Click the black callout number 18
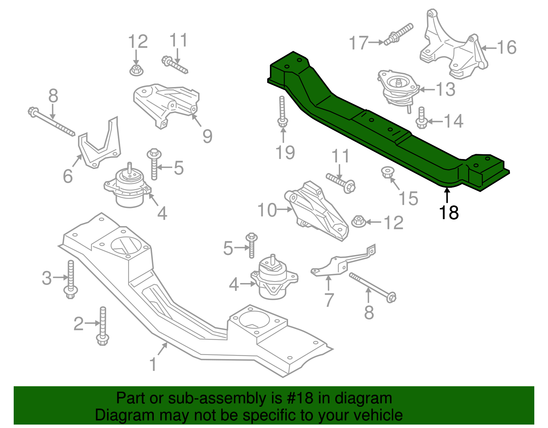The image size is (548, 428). (x=449, y=213)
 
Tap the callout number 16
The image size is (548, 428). (x=507, y=47)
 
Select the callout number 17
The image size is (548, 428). (x=358, y=43)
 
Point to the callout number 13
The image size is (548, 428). (x=445, y=89)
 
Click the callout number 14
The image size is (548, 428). (x=453, y=121)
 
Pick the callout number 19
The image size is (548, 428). (x=285, y=152)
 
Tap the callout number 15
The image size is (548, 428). (x=408, y=198)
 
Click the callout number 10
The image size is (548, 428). (x=267, y=210)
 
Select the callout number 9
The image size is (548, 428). (x=207, y=136)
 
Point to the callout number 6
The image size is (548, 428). (x=68, y=176)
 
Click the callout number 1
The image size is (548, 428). (x=153, y=364)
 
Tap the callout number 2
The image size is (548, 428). (x=78, y=324)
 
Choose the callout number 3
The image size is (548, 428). (x=47, y=278)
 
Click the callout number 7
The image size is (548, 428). (x=329, y=300)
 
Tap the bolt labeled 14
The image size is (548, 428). (x=421, y=118)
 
